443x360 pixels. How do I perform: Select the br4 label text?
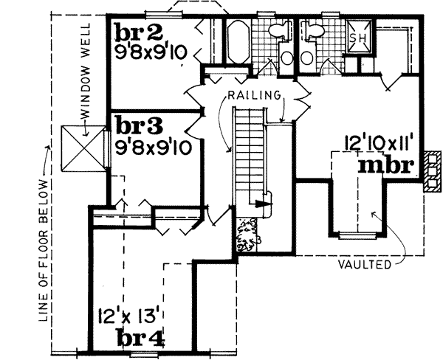coord(140,339)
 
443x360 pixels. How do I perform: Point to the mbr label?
coord(384,164)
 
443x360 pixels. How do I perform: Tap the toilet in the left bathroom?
coord(279,31)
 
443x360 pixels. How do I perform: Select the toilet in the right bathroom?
coord(315,31)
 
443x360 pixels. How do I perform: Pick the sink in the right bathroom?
coord(306,58)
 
